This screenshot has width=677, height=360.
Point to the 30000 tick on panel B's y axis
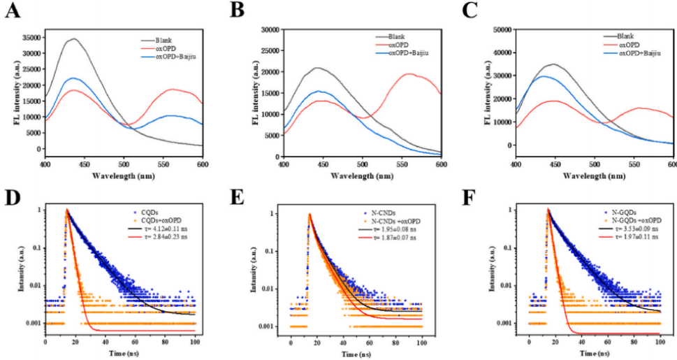click(270, 29)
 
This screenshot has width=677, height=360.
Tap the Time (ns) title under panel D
click(120, 353)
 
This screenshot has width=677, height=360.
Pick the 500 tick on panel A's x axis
click(124, 164)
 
